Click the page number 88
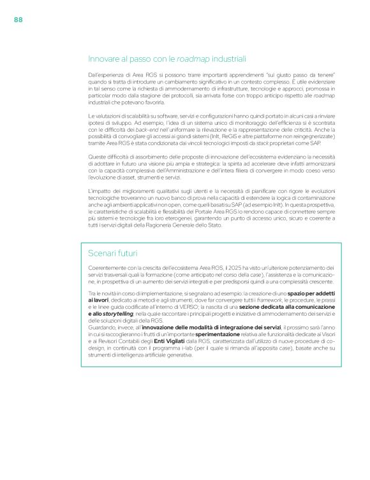(x=18, y=20)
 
